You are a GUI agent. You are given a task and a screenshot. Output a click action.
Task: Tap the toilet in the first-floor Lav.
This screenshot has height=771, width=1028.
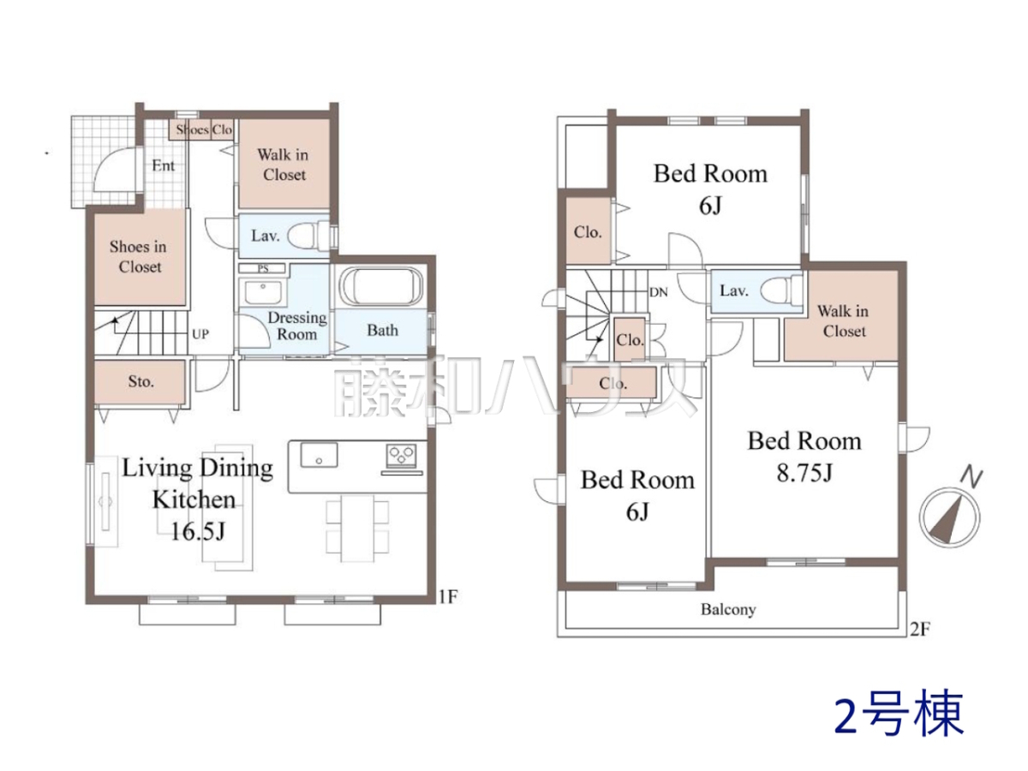[x=308, y=236]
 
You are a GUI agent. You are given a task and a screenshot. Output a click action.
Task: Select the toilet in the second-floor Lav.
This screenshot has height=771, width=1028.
[x=780, y=290]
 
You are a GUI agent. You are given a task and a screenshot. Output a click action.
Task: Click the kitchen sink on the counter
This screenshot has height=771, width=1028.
[x=319, y=455]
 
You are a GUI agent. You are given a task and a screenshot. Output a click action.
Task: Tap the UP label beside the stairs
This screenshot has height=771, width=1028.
[x=200, y=334]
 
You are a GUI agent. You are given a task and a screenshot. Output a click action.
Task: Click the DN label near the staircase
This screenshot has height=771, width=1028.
[x=658, y=293]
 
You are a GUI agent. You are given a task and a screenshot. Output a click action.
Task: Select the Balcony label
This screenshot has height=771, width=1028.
[x=728, y=609]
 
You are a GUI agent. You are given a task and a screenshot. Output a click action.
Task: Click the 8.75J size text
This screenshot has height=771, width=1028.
[x=804, y=472]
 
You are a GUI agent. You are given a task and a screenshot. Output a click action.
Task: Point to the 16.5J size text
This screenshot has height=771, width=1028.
[x=198, y=531]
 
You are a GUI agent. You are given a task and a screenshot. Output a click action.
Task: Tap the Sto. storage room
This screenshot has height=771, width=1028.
[x=140, y=381]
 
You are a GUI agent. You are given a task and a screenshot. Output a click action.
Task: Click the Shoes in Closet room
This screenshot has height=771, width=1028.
[x=139, y=257]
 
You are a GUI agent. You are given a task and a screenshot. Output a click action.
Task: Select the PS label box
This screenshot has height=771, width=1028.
[x=263, y=269]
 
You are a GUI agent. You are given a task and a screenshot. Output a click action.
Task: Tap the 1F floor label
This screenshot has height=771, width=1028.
[x=448, y=597]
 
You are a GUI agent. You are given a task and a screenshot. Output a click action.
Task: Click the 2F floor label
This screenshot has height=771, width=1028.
[x=920, y=629]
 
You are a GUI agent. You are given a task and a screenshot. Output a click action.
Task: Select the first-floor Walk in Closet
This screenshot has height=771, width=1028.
[x=284, y=164]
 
